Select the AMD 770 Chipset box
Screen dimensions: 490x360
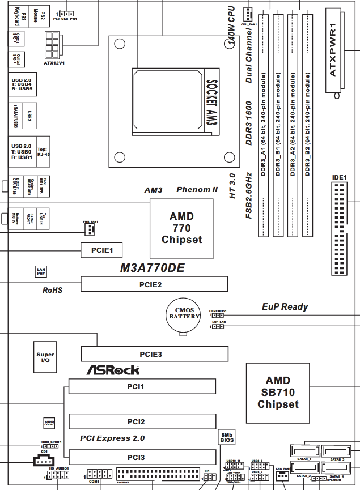pos(181,228)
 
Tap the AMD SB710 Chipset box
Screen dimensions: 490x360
pos(278,393)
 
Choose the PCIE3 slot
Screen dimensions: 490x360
pos(154,354)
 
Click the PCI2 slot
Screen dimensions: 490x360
pos(142,421)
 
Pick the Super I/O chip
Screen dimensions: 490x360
pos(45,358)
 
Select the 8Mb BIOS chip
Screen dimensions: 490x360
pos(226,437)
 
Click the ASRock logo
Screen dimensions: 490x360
pos(113,370)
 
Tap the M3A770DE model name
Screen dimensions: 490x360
pos(153,268)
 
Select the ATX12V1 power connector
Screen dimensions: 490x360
pos(53,43)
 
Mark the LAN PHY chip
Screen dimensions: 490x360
pos(41,271)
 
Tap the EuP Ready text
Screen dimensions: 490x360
pos(285,306)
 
